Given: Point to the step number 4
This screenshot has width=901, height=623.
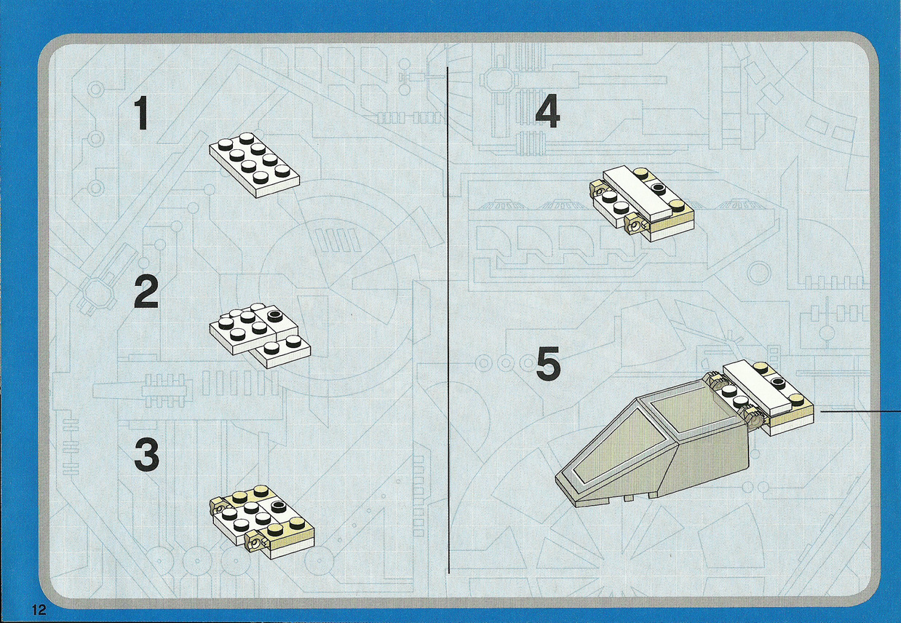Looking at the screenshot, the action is pos(547,112).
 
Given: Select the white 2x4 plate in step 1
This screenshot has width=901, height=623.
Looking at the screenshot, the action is pos(255,165).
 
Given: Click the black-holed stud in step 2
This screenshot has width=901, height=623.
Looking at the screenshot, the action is pos(275,316).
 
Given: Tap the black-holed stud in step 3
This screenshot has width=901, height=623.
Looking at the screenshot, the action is pos(277,506).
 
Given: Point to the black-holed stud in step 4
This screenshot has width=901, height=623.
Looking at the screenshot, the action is pos(657,188).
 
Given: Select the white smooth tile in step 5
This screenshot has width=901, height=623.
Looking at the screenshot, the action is pos(758,389).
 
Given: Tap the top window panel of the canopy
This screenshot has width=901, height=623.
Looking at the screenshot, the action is pos(685,416).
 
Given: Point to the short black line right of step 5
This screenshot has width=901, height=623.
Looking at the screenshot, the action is pos(860,411).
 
